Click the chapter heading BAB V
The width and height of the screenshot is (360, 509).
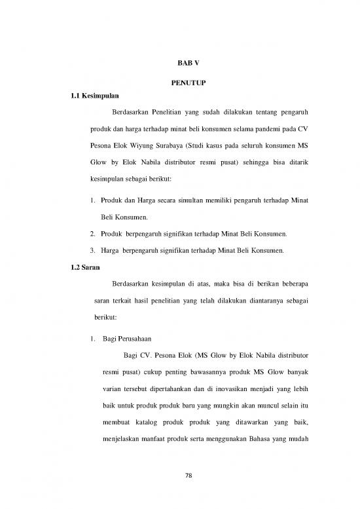coord(179,62)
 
